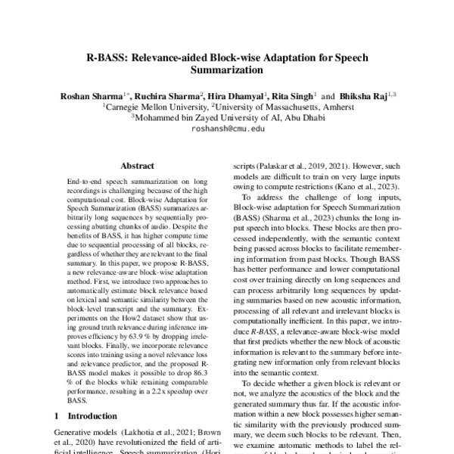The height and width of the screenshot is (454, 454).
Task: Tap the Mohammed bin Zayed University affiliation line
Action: [227, 118]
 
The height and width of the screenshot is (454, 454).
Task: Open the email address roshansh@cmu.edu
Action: [228, 129]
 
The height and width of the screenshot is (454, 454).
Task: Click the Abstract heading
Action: [137, 164]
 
